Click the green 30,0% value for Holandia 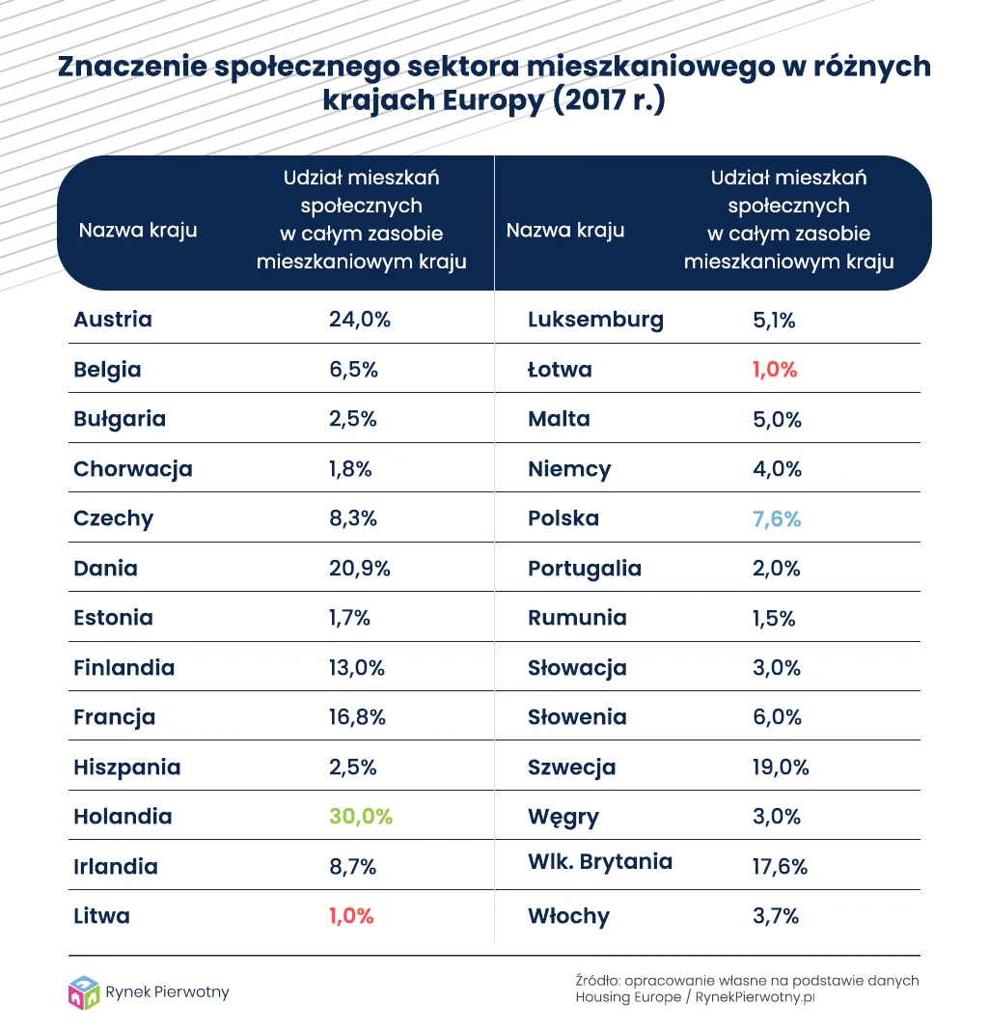360,817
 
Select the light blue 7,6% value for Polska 776,518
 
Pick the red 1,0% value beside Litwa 351,916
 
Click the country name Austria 113,320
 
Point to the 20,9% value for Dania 359,569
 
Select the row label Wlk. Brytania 600,862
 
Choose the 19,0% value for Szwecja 781,768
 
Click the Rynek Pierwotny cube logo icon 84,992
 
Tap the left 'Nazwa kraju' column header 138,231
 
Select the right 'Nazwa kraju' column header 565,231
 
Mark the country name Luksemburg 595,320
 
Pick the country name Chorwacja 133,469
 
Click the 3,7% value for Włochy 775,916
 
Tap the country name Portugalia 585,569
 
